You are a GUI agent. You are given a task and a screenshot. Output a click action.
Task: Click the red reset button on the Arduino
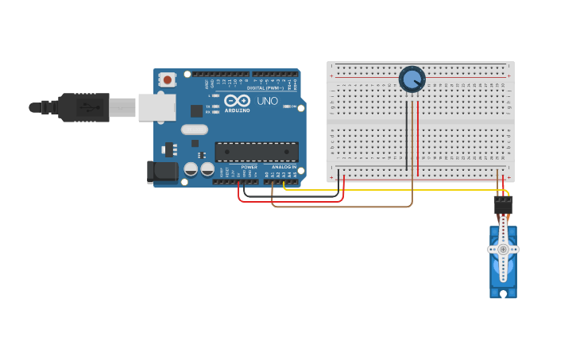coord(167,79)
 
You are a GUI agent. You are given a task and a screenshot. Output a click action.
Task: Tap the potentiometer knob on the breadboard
coord(412,79)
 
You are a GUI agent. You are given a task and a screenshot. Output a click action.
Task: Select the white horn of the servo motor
coord(503,250)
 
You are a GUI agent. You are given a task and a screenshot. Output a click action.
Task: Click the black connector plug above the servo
coord(503,205)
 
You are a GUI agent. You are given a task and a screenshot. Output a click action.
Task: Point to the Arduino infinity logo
coord(237,101)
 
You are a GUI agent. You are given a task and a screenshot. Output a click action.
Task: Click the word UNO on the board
coord(266,101)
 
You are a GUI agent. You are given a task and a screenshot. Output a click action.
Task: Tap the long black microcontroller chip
coord(257,152)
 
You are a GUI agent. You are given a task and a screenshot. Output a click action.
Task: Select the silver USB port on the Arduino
coord(157,107)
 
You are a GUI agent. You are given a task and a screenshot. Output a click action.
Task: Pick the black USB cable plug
coord(83,107)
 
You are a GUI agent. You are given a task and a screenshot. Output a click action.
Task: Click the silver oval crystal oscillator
coord(194,130)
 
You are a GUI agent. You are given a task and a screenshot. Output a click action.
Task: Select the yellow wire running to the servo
coord(397,190)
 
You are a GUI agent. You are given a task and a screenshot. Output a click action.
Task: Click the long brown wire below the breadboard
coord(342,207)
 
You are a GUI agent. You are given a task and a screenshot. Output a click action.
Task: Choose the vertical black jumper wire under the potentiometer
coord(407,135)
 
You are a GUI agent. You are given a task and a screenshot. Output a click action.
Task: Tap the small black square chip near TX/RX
coord(196,110)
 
